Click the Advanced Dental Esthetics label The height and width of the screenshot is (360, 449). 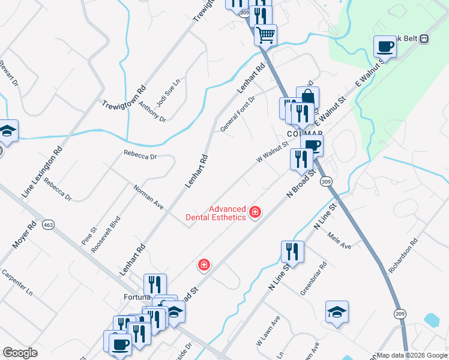tap(228, 213)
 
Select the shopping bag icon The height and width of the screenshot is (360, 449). tap(307, 97)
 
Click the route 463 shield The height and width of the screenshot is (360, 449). tap(49, 225)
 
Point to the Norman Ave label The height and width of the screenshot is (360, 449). tap(148, 197)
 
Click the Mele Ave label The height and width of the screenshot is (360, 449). tap(339, 241)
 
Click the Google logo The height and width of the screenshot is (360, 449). tap(20, 352)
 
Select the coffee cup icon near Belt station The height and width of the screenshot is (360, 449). tap(385, 46)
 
